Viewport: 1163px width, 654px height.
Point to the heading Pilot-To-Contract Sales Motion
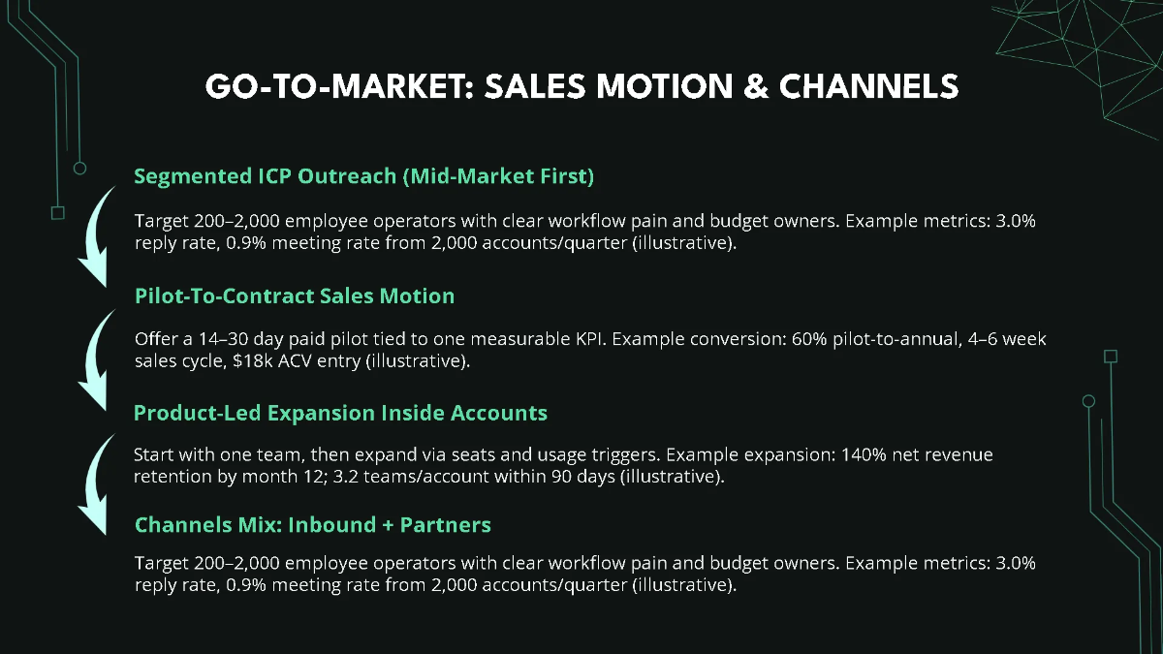coord(295,296)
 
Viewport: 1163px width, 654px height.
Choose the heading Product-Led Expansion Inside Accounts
coord(340,413)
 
